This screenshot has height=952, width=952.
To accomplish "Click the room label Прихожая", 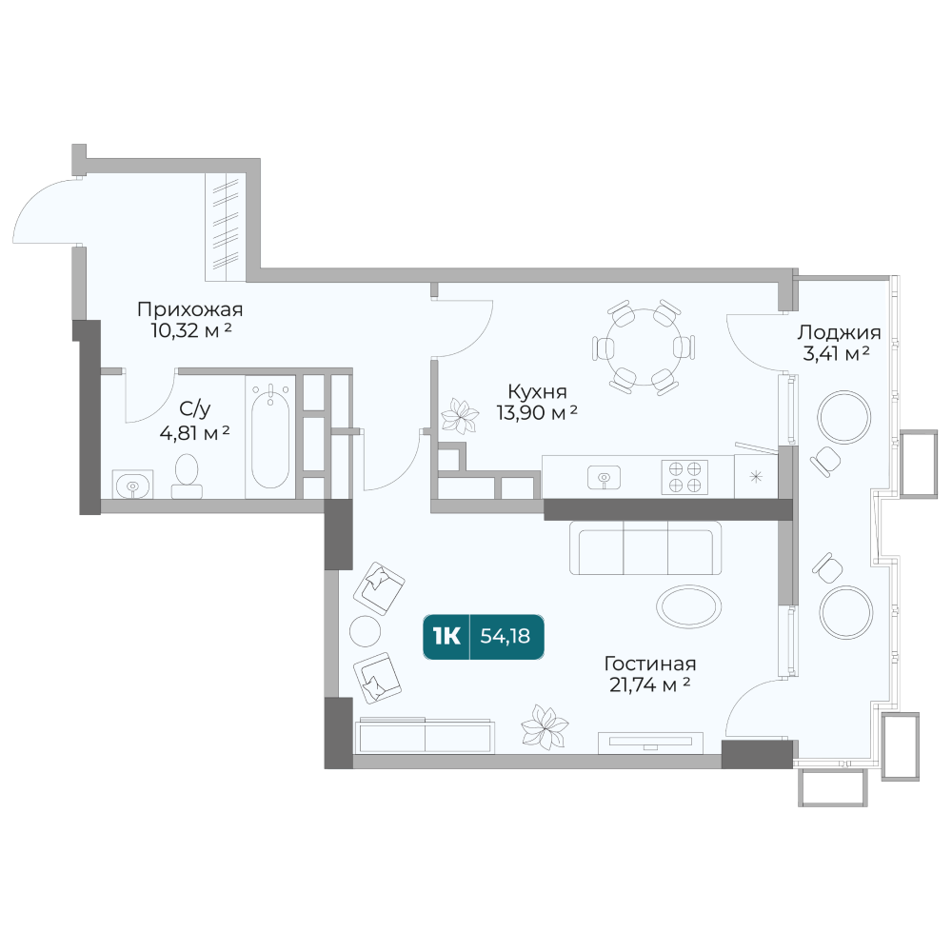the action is pyautogui.click(x=190, y=309).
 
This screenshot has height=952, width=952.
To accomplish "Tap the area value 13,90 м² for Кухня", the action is pyautogui.click(x=537, y=412).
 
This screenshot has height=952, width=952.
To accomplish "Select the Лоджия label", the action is pyautogui.click(x=839, y=332).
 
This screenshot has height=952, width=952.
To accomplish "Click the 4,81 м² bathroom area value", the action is pyautogui.click(x=194, y=433).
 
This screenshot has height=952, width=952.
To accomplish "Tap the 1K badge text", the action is pyautogui.click(x=446, y=636).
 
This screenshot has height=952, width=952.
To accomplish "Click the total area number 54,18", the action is pyautogui.click(x=506, y=636).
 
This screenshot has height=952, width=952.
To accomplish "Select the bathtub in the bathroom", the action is pyautogui.click(x=270, y=437).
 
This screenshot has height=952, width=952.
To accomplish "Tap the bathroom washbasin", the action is pyautogui.click(x=132, y=484).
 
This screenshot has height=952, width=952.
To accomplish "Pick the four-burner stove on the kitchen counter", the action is pyautogui.click(x=684, y=477).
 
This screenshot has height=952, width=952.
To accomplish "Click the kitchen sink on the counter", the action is pyautogui.click(x=605, y=477).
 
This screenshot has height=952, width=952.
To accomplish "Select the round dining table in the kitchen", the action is pyautogui.click(x=644, y=347).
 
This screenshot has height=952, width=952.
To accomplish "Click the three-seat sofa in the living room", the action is pyautogui.click(x=645, y=547).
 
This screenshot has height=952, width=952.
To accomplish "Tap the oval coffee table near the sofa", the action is pyautogui.click(x=689, y=605).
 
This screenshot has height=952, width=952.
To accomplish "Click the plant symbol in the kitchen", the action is pyautogui.click(x=460, y=417).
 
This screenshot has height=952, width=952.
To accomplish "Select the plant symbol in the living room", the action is pyautogui.click(x=545, y=726).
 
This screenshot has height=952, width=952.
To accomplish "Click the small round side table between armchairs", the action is pyautogui.click(x=366, y=631).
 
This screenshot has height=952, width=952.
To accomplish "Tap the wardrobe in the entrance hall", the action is pyautogui.click(x=226, y=227).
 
